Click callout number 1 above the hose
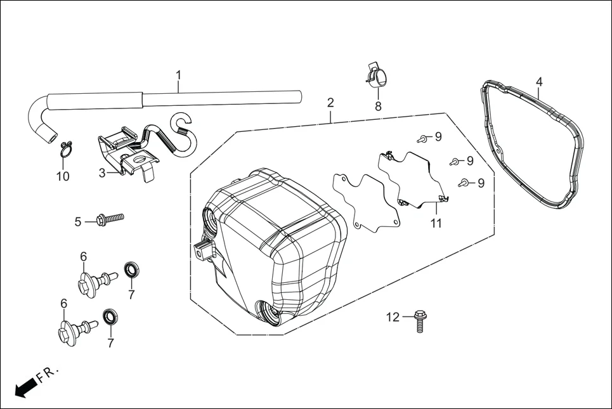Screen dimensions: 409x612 click(178, 75)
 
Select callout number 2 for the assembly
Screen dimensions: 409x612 click(330, 103)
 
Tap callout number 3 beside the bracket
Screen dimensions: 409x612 click(101, 172)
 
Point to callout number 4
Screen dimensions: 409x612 click(539, 82)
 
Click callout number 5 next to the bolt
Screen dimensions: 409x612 click(78, 221)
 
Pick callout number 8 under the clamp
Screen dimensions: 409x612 click(378, 107)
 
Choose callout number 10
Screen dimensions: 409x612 click(63, 176)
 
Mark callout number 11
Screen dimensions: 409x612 click(436, 223)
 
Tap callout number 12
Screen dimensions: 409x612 click(393, 317)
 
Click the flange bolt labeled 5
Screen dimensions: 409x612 click(108, 219)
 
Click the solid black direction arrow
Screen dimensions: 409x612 click(25, 387)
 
